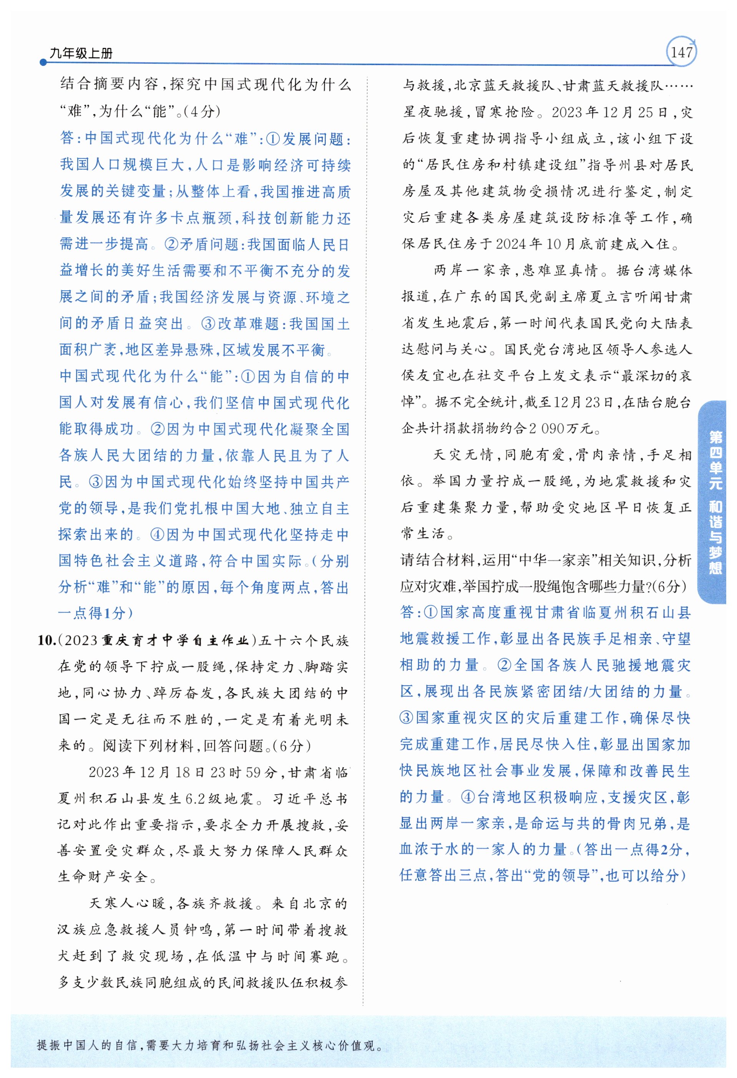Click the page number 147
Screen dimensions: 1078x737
click(681, 52)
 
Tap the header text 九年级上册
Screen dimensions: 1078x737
click(81, 53)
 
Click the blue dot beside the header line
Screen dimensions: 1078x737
click(43, 62)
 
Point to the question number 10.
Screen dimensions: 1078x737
click(47, 640)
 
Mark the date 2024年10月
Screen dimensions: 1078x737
click(529, 244)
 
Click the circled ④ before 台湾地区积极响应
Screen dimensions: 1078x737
click(467, 798)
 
